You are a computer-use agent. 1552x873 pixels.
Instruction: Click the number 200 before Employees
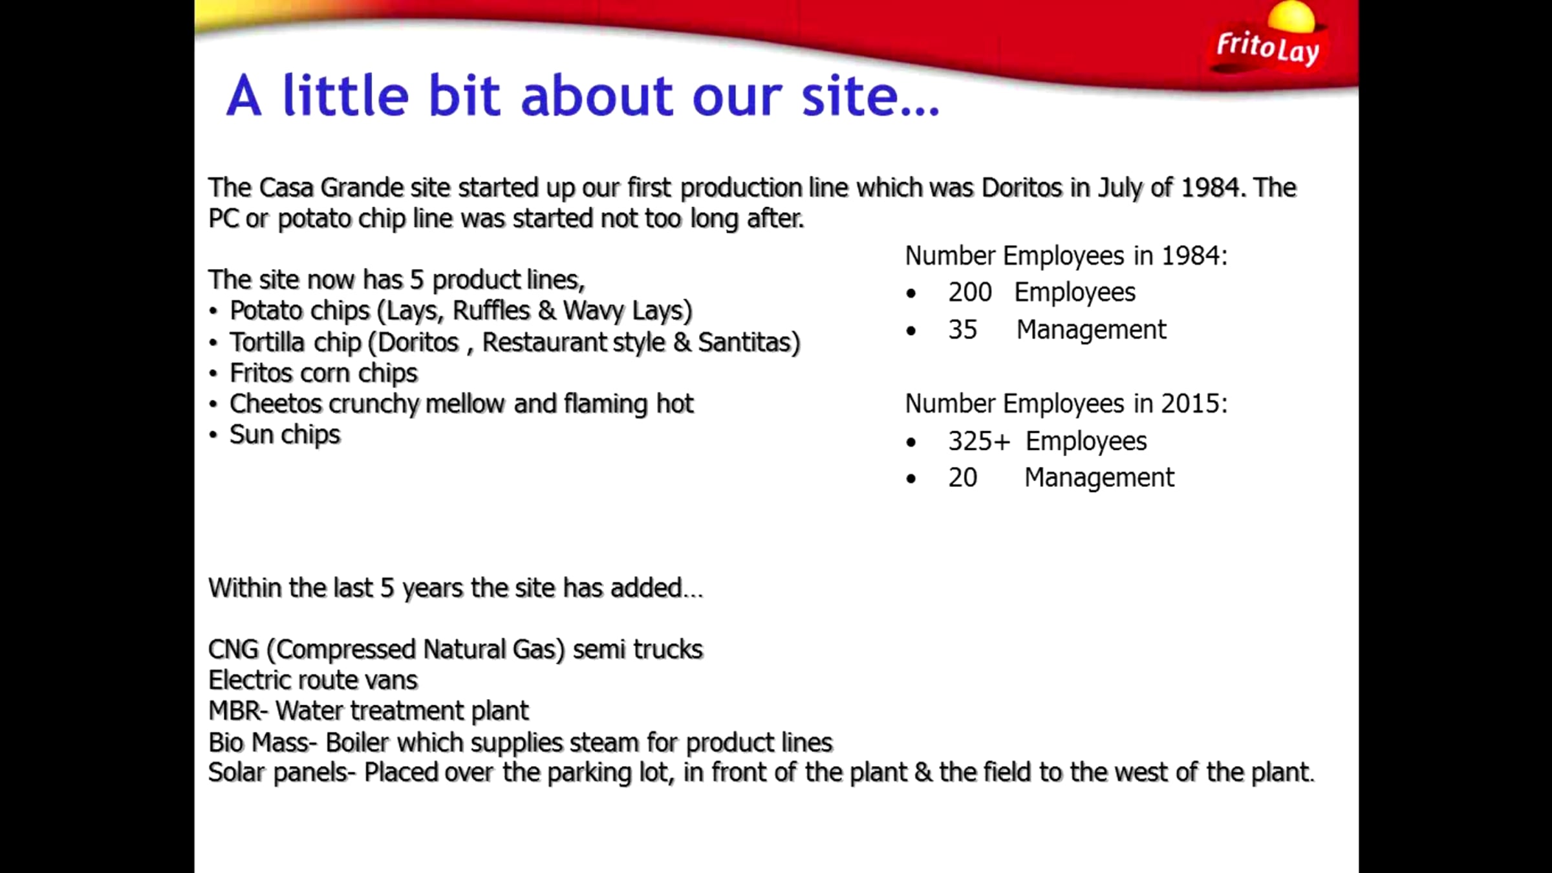pos(970,292)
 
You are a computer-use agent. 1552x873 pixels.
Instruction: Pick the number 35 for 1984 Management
pos(962,330)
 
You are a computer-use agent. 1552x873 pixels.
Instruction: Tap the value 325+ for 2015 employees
pos(979,441)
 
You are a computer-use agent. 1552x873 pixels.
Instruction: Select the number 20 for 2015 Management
pos(962,478)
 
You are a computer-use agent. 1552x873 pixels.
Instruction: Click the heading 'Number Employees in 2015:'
pos(1066,404)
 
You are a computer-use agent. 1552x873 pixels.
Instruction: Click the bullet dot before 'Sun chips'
pos(213,435)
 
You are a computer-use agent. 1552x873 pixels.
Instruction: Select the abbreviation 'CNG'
pos(233,649)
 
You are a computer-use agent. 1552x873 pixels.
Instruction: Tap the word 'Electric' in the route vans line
pos(255,680)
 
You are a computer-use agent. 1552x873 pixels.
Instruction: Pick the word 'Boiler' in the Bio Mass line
pos(357,742)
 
